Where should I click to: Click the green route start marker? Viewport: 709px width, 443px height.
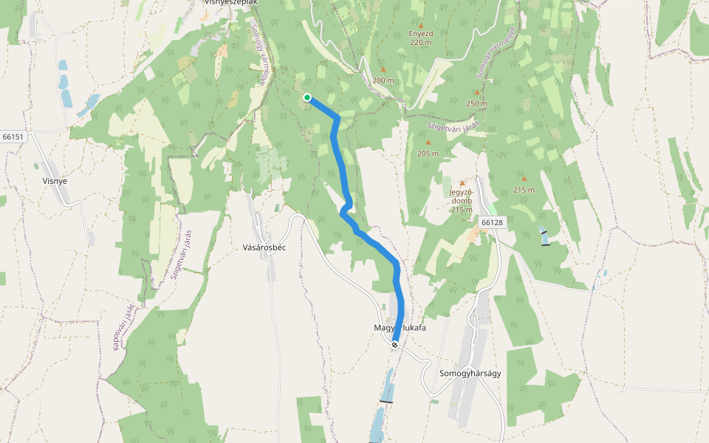click(306, 97)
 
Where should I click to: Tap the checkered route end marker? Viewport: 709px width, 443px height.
click(395, 344)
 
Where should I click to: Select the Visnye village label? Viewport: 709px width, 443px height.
click(55, 179)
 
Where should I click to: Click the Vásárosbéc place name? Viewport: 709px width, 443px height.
click(264, 247)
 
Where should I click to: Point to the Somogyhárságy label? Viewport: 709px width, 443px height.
click(470, 373)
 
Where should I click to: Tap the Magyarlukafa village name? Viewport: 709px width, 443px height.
click(400, 327)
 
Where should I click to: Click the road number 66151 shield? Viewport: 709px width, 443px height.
click(13, 137)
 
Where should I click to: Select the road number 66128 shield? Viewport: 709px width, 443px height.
click(490, 222)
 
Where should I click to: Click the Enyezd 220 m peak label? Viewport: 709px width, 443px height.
click(420, 38)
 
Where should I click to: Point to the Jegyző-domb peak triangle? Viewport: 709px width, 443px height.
click(463, 183)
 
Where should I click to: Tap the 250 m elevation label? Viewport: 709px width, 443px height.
click(477, 103)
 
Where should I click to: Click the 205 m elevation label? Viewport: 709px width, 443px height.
click(428, 154)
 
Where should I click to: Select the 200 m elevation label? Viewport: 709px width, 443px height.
click(383, 80)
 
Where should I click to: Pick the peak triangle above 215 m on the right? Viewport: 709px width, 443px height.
click(524, 178)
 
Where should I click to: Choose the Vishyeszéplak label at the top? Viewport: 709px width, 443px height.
click(230, 3)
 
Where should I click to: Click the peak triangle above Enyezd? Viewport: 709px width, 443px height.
click(421, 25)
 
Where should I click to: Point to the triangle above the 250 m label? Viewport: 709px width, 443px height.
click(477, 92)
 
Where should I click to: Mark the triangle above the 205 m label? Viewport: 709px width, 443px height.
click(428, 142)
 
